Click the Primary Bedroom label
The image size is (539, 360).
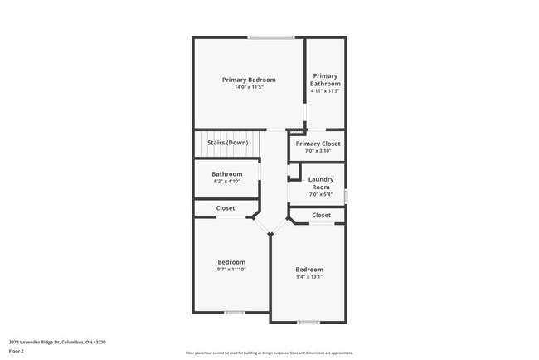(x=249, y=80)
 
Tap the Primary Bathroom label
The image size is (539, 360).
(x=325, y=80)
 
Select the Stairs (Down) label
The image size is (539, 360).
(x=227, y=143)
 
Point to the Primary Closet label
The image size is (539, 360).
(x=318, y=144)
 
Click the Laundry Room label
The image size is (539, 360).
(x=320, y=183)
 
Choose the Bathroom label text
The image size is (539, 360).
(x=226, y=174)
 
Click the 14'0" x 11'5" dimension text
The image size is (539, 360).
(x=249, y=88)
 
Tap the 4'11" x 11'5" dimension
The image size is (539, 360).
(x=325, y=91)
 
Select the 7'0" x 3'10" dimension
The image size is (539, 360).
(x=318, y=151)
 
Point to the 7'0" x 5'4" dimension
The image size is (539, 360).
(x=320, y=194)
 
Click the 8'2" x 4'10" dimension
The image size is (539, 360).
(x=226, y=181)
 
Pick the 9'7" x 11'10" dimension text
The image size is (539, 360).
(x=231, y=269)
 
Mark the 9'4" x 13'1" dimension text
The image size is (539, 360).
(x=309, y=277)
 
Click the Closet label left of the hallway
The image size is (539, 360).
(x=226, y=208)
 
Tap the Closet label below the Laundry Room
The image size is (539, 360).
(x=321, y=216)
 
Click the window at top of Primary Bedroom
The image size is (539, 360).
(x=271, y=37)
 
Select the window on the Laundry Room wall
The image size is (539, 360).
(x=345, y=196)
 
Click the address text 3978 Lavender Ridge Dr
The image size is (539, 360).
(x=57, y=342)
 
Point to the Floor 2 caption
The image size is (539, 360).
(x=17, y=351)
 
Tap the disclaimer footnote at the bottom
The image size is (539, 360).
(x=269, y=353)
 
